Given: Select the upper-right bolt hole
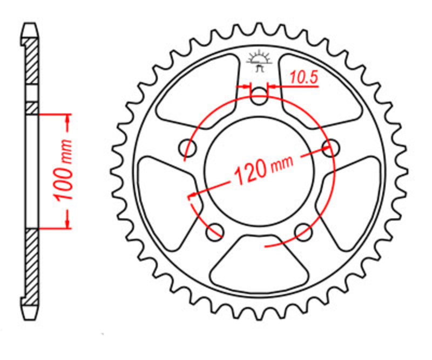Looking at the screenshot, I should tap(330, 147).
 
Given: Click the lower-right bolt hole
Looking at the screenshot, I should tap(303, 231).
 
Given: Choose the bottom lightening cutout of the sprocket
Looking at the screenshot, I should tap(259, 265).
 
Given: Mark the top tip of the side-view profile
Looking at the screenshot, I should tap(30, 24).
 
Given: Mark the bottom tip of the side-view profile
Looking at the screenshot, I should tap(30, 317).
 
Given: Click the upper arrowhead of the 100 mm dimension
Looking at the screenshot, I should tap(67, 119).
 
